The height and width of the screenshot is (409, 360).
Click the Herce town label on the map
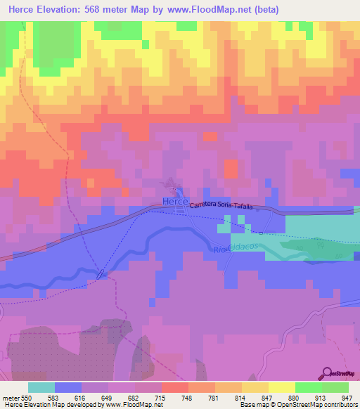(x=175, y=202)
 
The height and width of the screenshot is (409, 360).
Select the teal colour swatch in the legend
(x=41, y=387)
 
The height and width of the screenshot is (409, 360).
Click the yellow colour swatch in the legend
(x=281, y=387)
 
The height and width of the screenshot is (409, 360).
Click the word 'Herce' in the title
(x=27, y=10)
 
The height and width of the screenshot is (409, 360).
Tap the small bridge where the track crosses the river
(x=103, y=273)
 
